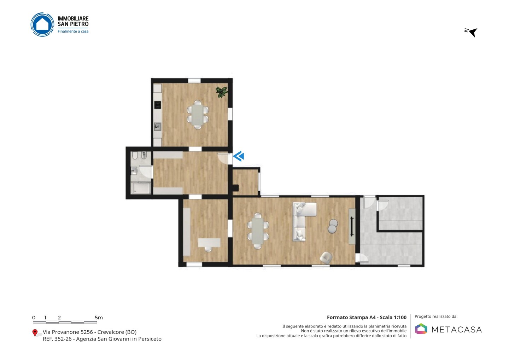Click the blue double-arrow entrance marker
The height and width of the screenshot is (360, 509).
[x=238, y=156]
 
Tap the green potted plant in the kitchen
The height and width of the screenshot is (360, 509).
[x=222, y=92]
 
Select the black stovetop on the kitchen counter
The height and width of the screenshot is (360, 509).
[x=158, y=105]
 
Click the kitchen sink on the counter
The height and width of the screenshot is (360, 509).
[x=158, y=126]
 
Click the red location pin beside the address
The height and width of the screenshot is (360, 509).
[x=35, y=333]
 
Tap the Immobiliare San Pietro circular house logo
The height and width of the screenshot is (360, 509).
[x=42, y=24]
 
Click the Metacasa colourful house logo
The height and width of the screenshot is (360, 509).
[x=421, y=329]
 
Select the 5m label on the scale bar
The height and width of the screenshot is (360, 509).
[x=99, y=318]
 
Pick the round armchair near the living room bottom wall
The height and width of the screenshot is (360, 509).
[x=326, y=258]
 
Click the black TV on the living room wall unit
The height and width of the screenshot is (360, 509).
[x=352, y=226]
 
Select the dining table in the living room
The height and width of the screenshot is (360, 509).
[x=258, y=231]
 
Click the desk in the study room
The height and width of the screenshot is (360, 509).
[x=209, y=243]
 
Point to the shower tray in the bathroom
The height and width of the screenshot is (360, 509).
[x=141, y=188]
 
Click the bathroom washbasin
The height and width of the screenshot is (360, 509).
[x=134, y=171]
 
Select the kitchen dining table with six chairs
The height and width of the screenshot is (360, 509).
[x=198, y=115]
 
